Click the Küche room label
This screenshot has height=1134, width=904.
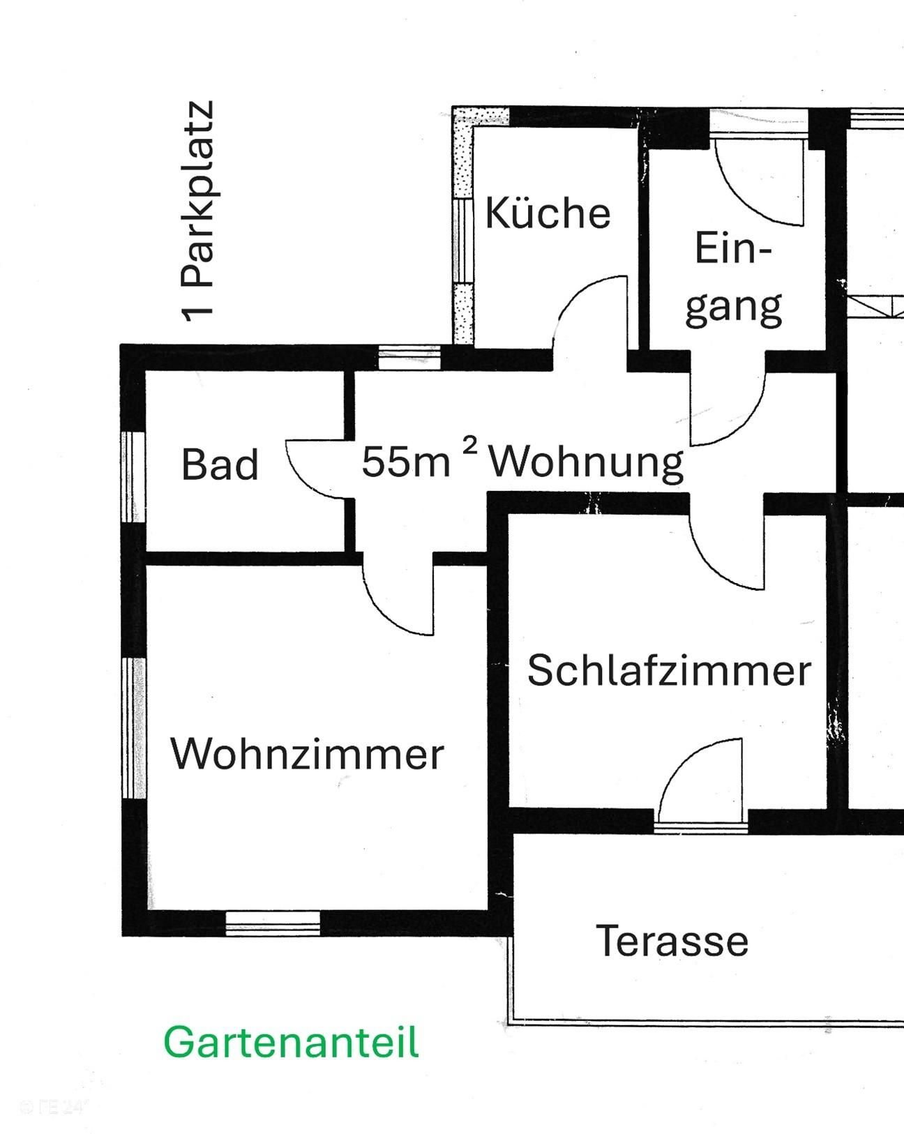pos(548,213)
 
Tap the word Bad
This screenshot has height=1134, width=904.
pos(220,464)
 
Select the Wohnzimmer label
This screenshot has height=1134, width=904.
pos(307,755)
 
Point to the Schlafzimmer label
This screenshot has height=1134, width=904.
pos(669,670)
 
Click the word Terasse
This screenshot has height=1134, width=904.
pos(672,941)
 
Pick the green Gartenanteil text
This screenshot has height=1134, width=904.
pos(291,1043)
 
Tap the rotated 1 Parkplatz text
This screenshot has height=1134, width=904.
pos(197,212)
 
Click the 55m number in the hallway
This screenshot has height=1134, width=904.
pos(405,461)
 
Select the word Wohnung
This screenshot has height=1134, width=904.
pos(586,462)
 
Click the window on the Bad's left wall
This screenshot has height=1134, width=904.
pos(133,477)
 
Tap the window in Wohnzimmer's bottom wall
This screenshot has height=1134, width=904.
pos(273,922)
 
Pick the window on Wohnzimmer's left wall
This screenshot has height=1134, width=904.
pos(134,728)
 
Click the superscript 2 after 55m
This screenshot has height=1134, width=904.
pos(471,446)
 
